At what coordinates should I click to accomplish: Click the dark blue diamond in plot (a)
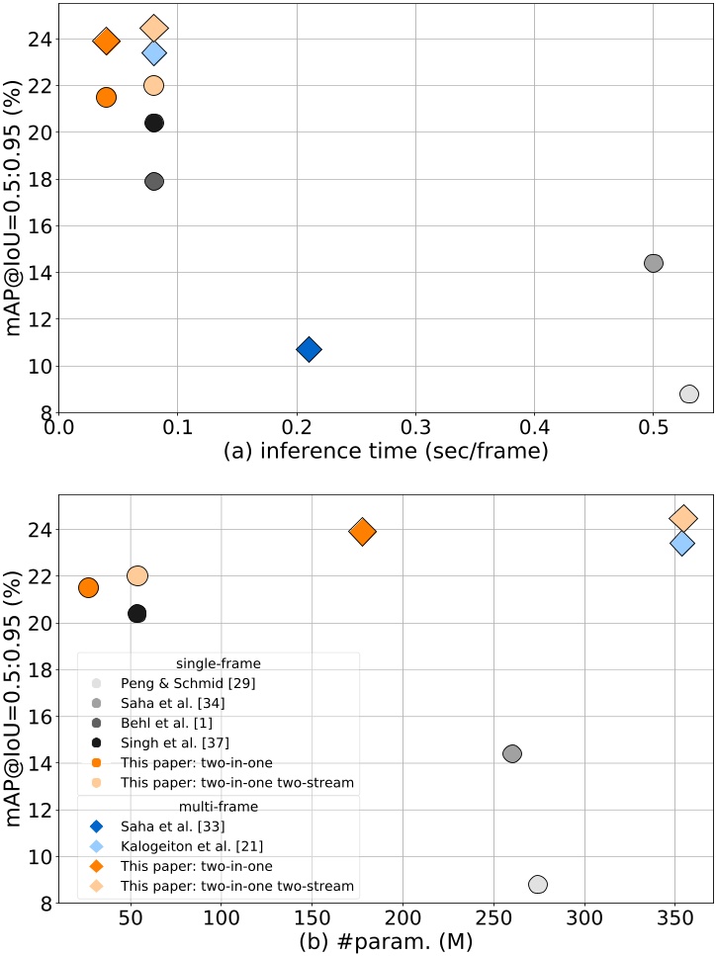pos(309,349)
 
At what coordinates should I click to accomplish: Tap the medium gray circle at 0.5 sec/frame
pos(653,263)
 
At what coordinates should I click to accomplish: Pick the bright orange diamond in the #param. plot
pos(363,532)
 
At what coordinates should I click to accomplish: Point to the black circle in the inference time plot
pos(154,123)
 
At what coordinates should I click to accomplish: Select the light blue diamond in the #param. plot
pos(681,543)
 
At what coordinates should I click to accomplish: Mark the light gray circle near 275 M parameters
pos(538,884)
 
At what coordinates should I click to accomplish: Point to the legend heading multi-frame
pos(219,807)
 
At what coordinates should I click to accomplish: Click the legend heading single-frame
pos(219,663)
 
